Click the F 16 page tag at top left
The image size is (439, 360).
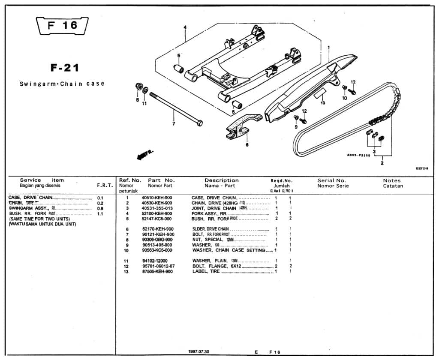pyautogui.click(x=63, y=26)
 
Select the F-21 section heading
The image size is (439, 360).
pyautogui.click(x=65, y=68)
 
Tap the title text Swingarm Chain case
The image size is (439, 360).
pyautogui.click(x=62, y=84)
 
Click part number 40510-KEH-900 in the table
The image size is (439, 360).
pyautogui.click(x=157, y=198)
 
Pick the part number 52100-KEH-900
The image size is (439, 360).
pyautogui.click(x=157, y=213)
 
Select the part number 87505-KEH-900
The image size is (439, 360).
pyautogui.click(x=157, y=271)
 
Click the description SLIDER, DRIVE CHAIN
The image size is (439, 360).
pyautogui.click(x=210, y=229)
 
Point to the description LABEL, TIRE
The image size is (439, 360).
pyautogui.click(x=206, y=271)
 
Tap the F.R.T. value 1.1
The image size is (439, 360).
pyautogui.click(x=100, y=213)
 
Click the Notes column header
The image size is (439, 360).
pyautogui.click(x=392, y=180)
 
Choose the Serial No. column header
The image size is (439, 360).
pyautogui.click(x=331, y=180)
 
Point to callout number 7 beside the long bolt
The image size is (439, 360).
pyautogui.click(x=174, y=124)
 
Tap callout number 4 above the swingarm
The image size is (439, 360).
pyautogui.click(x=185, y=27)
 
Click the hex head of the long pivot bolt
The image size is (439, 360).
pyautogui.click(x=199, y=123)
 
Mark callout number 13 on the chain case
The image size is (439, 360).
pyautogui.click(x=322, y=103)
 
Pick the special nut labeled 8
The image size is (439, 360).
pyautogui.click(x=139, y=86)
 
